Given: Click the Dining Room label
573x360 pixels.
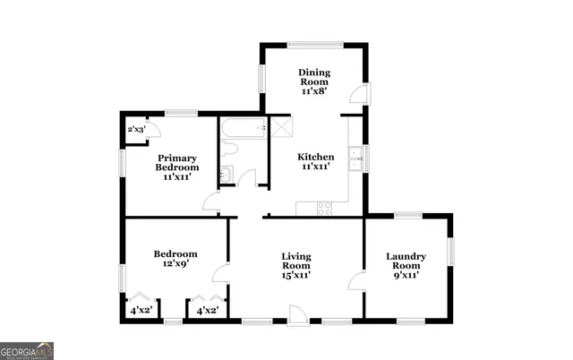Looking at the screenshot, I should click(x=314, y=81).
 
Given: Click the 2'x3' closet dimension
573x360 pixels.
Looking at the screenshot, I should click(x=136, y=130).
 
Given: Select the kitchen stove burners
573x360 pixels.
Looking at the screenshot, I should click(x=324, y=208).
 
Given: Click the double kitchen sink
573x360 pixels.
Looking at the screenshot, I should click(x=355, y=158).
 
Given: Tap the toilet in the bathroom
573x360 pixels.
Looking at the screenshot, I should click(x=226, y=174).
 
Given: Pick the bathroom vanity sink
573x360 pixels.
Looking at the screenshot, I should click(x=247, y=177).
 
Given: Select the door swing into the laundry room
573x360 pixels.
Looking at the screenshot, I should click(x=356, y=282).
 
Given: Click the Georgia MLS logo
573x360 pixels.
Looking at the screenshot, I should click(x=27, y=350).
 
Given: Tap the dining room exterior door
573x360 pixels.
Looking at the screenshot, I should click(x=358, y=94).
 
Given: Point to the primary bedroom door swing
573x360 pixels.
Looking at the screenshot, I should click(x=212, y=201).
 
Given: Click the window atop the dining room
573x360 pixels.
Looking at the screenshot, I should click(x=314, y=43).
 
